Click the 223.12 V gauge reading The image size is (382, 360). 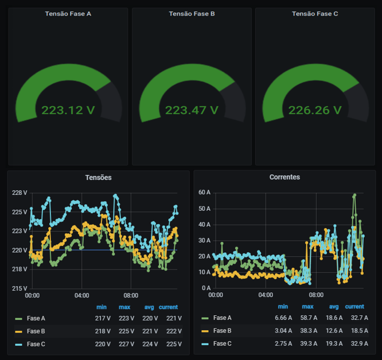point(68,110)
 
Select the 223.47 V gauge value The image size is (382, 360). point(192,110)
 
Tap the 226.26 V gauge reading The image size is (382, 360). point(315,110)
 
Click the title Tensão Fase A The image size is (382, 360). point(68,14)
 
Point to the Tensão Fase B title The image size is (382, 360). point(192,14)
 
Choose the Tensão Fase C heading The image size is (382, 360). point(315,14)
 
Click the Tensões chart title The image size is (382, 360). point(98,178)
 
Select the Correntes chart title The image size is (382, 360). point(284,178)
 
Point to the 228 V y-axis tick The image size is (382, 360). point(20,193)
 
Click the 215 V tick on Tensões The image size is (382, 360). point(20,288)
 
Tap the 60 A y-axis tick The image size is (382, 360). point(205,193)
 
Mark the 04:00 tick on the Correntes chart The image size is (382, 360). point(266,295)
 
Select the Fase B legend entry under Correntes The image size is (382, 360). point(222,331)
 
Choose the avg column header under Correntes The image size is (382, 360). point(334,307)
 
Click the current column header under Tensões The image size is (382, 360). point(168,307)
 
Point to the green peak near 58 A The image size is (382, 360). point(354,195)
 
